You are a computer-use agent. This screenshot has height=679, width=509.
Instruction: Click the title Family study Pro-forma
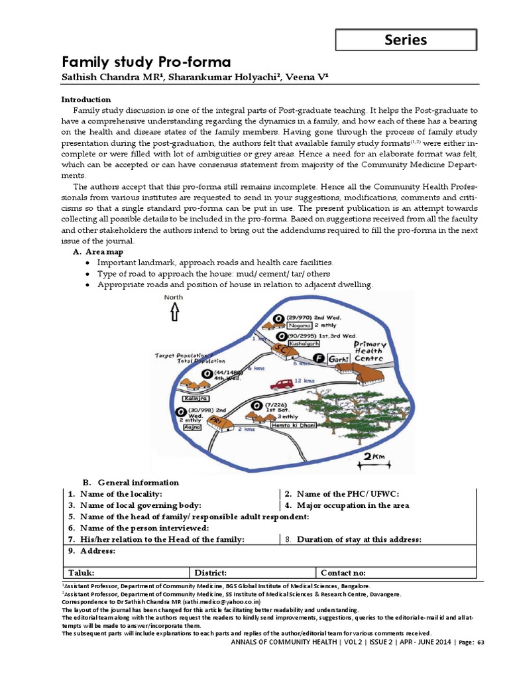[146, 63]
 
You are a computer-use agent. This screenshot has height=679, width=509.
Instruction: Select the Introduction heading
[86, 99]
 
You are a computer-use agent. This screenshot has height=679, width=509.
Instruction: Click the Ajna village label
[192, 429]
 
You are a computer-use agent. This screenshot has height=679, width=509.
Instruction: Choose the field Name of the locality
[121, 494]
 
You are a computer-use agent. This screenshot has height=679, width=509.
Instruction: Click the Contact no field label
[343, 573]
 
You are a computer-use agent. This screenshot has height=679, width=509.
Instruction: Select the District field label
[210, 573]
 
